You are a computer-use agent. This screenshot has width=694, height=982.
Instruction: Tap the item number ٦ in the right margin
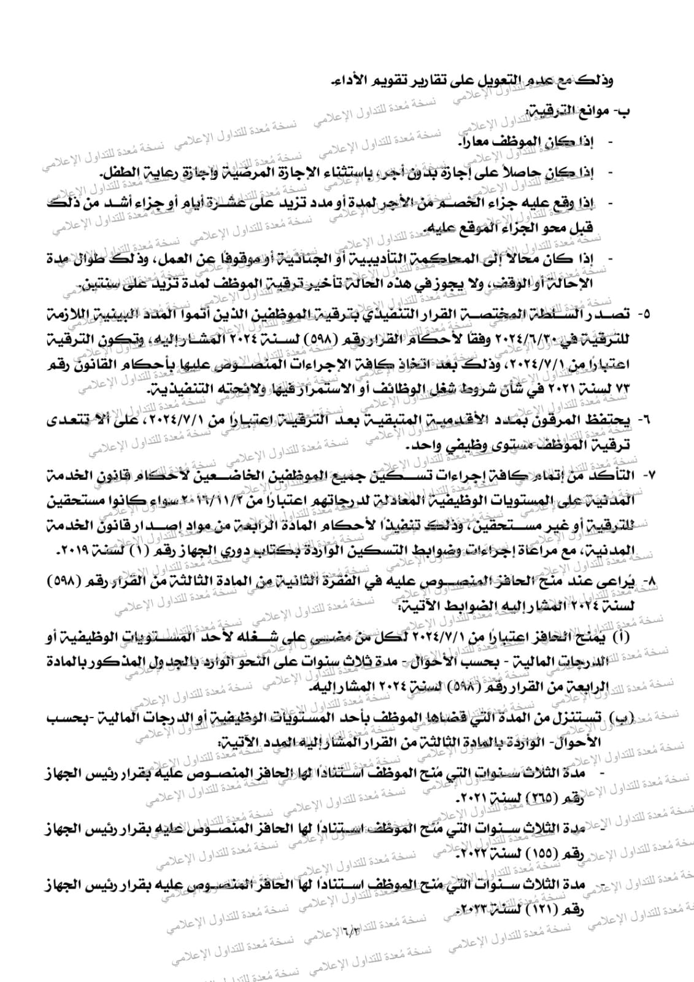(645, 421)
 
